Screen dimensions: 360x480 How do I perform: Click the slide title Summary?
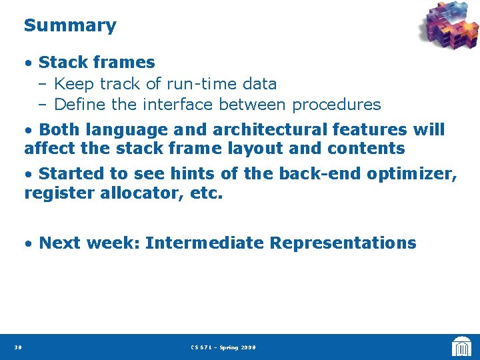70,26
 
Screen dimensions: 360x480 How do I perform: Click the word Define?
80,105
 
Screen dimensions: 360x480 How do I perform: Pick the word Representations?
343,243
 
